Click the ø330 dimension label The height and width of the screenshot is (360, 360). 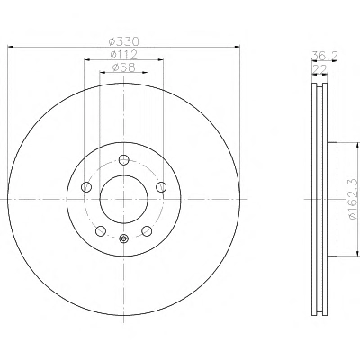click(x=124, y=40)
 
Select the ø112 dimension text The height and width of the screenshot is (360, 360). click(x=124, y=55)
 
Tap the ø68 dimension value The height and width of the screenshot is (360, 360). click(x=124, y=67)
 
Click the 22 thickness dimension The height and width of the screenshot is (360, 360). click(x=319, y=69)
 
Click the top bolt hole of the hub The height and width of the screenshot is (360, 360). click(x=124, y=159)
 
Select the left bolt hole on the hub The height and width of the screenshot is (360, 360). click(x=86, y=187)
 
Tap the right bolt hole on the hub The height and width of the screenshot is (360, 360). click(x=161, y=187)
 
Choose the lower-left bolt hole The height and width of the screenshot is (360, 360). click(x=101, y=231)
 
